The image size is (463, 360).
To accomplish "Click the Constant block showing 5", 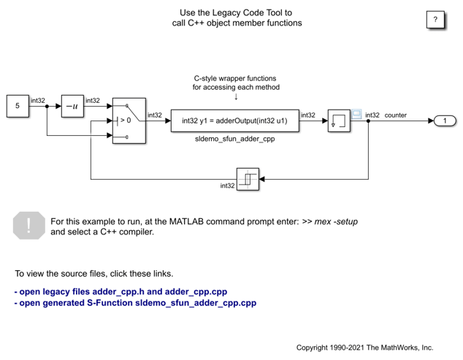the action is coord(18,106).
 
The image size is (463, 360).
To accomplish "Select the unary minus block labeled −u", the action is coord(72,106).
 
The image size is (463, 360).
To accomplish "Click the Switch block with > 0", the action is coord(129,120).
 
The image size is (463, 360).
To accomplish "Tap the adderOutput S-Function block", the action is coord(234,120).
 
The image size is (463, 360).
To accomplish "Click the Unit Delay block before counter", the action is coord(339,120).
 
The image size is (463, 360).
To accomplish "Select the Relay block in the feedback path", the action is coord(248,179).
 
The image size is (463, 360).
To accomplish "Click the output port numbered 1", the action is coord(445,120).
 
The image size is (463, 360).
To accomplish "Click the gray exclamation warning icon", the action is coord(29,226).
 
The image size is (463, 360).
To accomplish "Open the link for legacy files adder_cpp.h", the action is coord(120,292).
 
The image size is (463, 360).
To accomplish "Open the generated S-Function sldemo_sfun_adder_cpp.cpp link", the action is coord(135,303).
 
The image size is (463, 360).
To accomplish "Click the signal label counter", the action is coord(395,115).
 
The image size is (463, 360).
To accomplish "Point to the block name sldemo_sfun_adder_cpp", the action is coord(234,139).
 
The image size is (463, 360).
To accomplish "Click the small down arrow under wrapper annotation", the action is coord(236,96).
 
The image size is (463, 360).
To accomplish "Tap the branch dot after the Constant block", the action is coord(47,107).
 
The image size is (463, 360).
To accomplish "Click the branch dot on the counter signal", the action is coord(368,120).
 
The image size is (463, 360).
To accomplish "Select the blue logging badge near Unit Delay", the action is coord(356,114).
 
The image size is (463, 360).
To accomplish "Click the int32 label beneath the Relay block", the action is coord(227,185).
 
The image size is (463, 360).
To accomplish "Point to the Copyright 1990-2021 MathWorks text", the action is coord(364,348).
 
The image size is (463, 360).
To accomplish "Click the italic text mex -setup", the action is coord(336,221).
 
